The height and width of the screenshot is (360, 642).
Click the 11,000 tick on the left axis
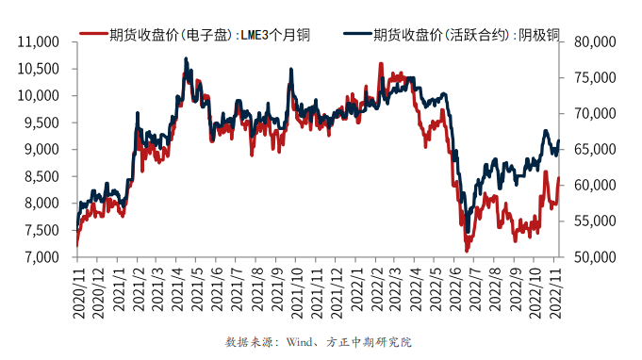coord(39,42)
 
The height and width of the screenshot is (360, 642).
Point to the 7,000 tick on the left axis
coord(39,257)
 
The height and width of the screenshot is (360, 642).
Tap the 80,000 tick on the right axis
coord(591,42)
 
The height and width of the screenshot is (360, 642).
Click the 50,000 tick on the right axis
coord(591,257)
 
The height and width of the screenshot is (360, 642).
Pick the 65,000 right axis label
coord(591,150)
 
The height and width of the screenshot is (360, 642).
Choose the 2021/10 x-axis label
coord(298,292)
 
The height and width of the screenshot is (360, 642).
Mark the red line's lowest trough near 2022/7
coord(467,251)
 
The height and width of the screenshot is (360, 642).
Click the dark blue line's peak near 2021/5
coord(185,58)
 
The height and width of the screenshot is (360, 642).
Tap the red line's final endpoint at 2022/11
coord(559,177)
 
